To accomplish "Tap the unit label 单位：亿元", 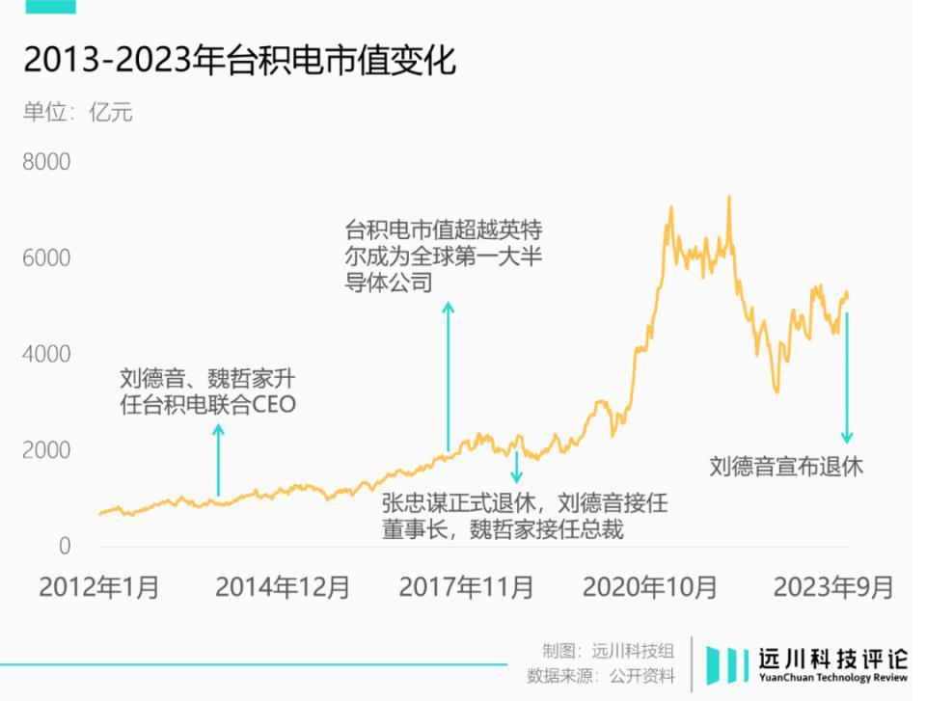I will pyautogui.click(x=78, y=112).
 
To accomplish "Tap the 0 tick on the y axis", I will pyautogui.click(x=65, y=547).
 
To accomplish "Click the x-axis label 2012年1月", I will pyautogui.click(x=99, y=587).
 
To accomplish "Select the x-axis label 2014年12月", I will pyautogui.click(x=282, y=587).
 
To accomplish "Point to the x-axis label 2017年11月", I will pyautogui.click(x=466, y=587).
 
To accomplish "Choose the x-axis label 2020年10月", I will pyautogui.click(x=650, y=587).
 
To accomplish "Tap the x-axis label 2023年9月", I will pyautogui.click(x=833, y=587).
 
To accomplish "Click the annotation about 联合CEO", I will pyautogui.click(x=207, y=391).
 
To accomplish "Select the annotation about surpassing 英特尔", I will pyautogui.click(x=451, y=256).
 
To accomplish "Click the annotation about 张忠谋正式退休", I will pyautogui.click(x=524, y=516).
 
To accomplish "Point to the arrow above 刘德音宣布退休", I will pyautogui.click(x=847, y=376).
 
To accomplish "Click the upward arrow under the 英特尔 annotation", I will pyautogui.click(x=448, y=376).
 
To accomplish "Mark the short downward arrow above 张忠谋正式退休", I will pyautogui.click(x=516, y=467).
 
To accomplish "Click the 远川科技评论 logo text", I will pyautogui.click(x=821, y=660).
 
